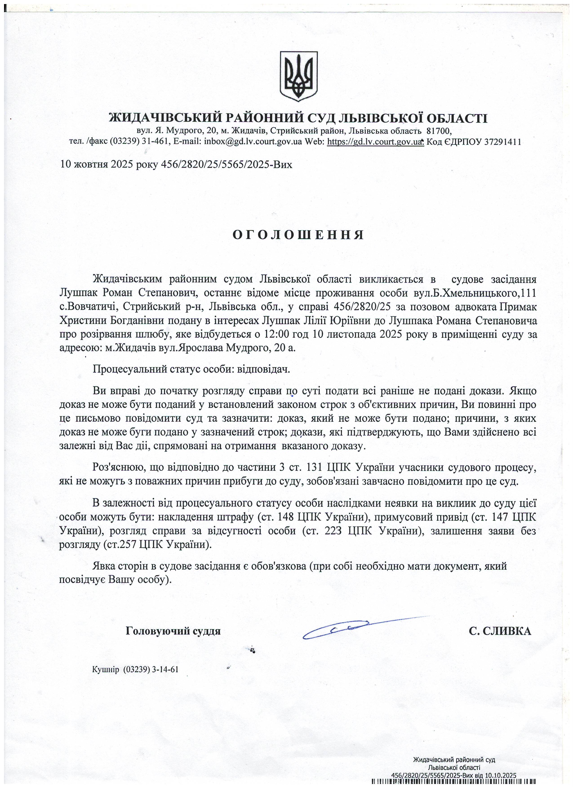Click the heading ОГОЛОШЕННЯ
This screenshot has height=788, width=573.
298,235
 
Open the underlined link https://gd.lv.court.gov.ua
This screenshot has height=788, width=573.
375,142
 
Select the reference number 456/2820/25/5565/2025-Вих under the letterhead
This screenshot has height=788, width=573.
226,164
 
